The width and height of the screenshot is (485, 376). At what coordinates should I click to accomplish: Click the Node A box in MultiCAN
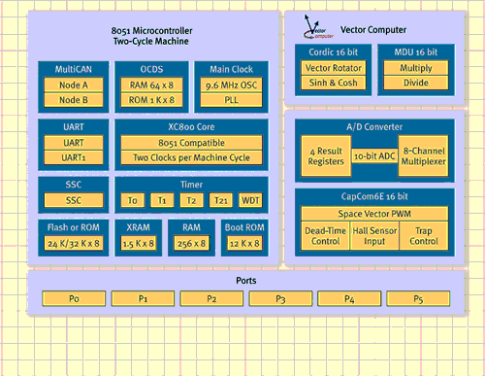(74, 85)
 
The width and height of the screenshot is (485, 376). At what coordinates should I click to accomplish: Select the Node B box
(74, 100)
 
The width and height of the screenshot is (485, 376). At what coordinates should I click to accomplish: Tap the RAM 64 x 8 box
(151, 85)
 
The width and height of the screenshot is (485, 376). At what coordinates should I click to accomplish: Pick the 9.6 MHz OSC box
(231, 85)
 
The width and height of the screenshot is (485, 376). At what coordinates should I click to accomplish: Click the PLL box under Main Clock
(231, 100)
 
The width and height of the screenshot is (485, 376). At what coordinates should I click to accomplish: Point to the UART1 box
(74, 157)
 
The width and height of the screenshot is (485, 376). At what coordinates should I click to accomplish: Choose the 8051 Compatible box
(191, 143)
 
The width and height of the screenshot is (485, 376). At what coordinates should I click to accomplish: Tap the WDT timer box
(250, 200)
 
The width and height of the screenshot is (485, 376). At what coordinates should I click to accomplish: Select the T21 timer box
(221, 200)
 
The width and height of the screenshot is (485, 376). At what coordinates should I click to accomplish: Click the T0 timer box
(132, 200)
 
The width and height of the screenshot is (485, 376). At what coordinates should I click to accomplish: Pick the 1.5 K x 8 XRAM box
(139, 243)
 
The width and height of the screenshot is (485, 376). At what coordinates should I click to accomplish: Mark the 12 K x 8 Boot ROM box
(244, 243)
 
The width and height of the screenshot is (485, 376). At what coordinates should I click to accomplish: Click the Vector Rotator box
(334, 68)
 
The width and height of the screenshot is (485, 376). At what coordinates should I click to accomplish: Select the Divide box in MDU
(416, 83)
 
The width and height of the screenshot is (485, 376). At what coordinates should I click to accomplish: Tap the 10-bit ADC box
(374, 156)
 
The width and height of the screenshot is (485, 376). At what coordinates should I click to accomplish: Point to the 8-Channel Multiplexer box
(423, 156)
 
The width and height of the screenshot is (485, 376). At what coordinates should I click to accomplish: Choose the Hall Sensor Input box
(374, 236)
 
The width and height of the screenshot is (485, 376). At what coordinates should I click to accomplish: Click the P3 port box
(280, 298)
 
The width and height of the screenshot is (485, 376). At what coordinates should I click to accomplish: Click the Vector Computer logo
(318, 27)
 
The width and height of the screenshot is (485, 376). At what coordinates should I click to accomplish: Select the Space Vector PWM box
(374, 214)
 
